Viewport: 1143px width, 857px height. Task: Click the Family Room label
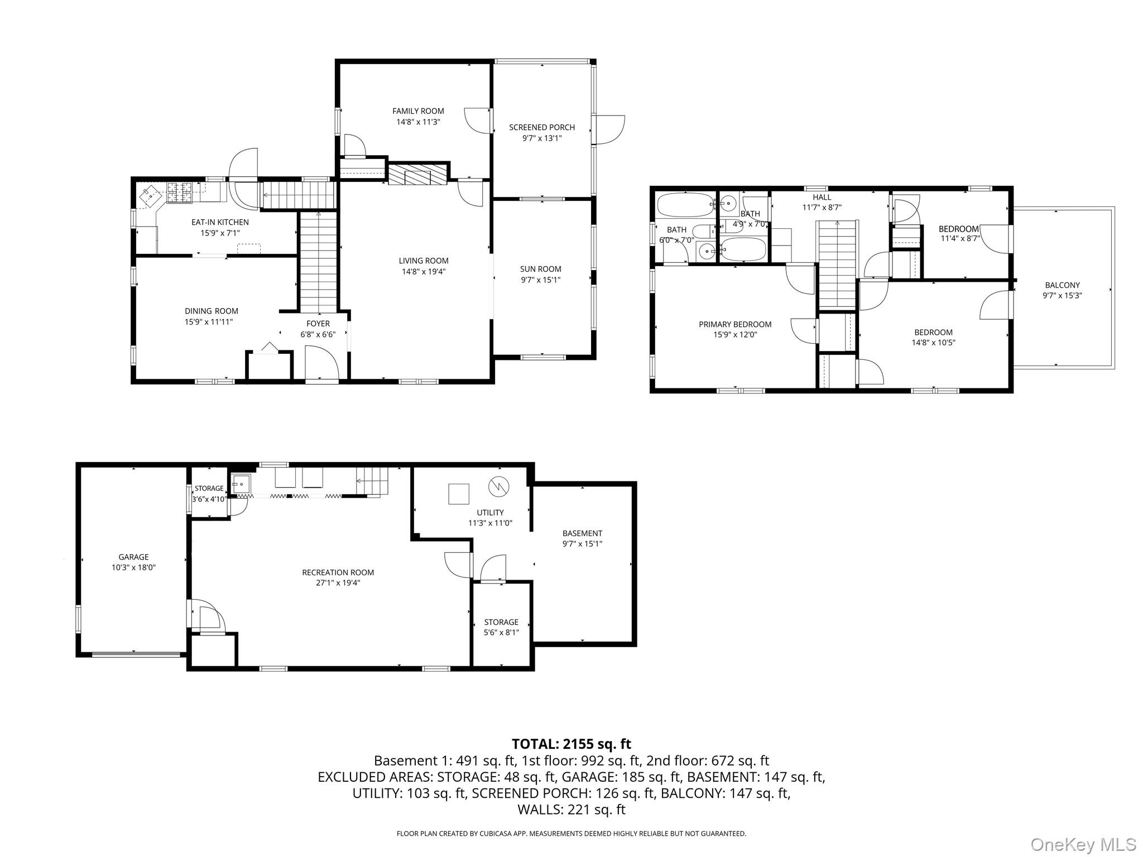(418, 111)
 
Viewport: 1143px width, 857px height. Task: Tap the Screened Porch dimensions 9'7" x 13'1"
(541, 138)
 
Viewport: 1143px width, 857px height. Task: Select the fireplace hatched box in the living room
(419, 174)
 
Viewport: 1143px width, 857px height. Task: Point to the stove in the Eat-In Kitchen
(180, 194)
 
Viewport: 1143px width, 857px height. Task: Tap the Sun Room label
(540, 269)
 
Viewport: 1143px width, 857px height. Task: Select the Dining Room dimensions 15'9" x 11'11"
(212, 322)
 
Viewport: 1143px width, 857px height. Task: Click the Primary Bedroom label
(734, 324)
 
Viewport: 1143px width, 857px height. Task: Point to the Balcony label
(1062, 285)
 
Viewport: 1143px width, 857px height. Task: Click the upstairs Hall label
(822, 197)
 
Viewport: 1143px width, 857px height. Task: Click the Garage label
(133, 557)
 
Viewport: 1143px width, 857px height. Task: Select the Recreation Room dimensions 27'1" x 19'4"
(338, 583)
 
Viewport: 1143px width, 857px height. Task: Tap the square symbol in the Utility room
(459, 494)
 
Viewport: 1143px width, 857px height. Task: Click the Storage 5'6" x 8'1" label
(501, 622)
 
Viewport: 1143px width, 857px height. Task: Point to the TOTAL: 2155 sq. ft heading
(571, 744)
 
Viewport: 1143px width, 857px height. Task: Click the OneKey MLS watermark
(1083, 844)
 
